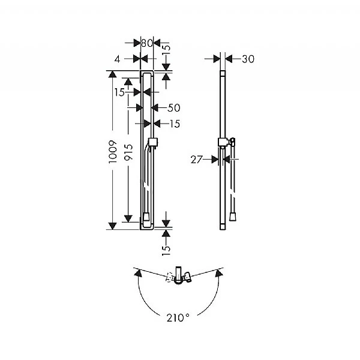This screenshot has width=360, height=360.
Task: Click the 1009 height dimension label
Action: click(113, 152)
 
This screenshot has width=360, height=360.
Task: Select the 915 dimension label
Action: click(128, 152)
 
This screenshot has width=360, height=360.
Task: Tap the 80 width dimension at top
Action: click(147, 43)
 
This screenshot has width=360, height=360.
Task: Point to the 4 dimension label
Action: click(118, 59)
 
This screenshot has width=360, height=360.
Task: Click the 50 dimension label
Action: click(174, 108)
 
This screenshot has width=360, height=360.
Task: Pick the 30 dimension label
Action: click(248, 59)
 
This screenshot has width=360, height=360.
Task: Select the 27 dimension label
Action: click(197, 160)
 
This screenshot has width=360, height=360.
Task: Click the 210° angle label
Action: click(178, 318)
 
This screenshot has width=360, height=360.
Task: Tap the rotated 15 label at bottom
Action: click(166, 250)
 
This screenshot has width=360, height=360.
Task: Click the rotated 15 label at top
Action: click(166, 49)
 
